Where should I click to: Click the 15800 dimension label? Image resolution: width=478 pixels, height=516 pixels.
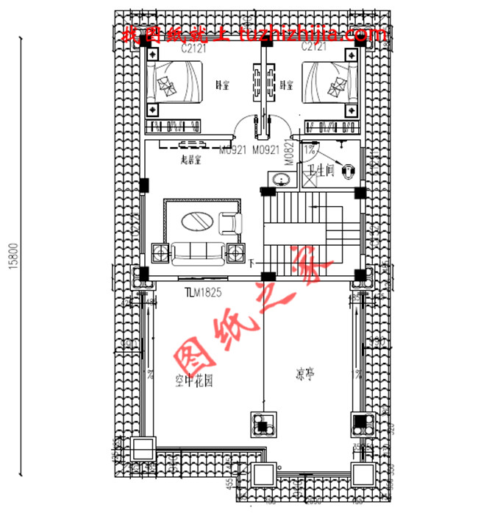(x=13, y=255)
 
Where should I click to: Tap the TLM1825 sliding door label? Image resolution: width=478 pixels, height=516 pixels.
(x=203, y=292)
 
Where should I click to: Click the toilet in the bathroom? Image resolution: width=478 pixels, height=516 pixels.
(x=352, y=170)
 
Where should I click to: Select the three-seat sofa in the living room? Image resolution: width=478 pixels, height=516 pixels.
(x=197, y=253)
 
